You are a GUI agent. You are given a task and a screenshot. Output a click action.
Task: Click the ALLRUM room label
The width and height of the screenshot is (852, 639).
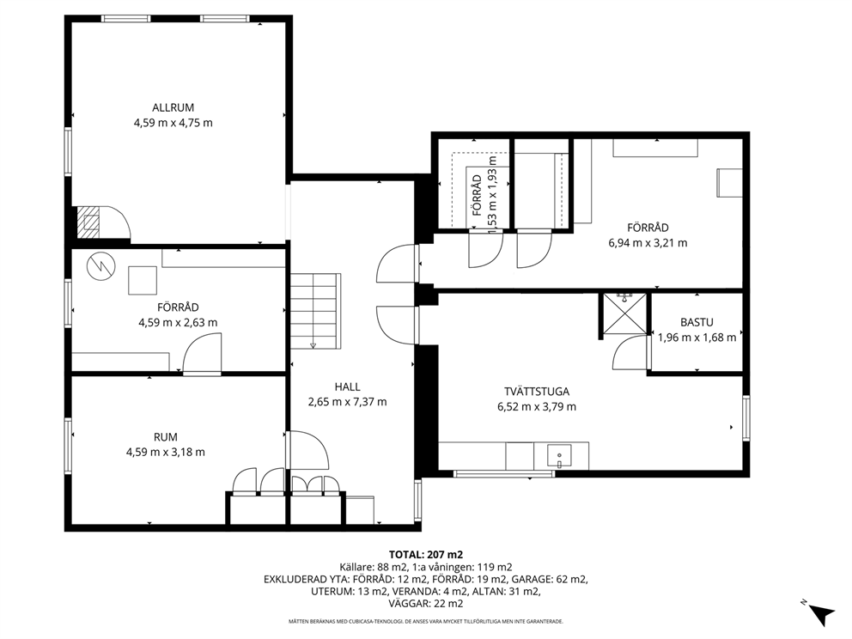pyautogui.click(x=173, y=107)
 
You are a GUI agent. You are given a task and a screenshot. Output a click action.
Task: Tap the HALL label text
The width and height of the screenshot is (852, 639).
pyautogui.click(x=347, y=386)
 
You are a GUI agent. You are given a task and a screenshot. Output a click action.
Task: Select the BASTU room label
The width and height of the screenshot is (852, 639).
pyautogui.click(x=697, y=322)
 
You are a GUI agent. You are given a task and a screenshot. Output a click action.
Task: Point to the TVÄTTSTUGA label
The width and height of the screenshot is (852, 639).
pyautogui.click(x=536, y=392)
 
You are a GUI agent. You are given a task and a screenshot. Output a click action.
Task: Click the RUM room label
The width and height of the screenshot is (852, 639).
pyautogui.click(x=165, y=437)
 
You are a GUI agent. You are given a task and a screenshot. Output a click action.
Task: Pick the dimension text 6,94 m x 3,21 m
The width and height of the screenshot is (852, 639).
pyautogui.click(x=648, y=243)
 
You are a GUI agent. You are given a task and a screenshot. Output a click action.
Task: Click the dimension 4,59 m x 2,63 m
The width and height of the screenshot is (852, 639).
pyautogui.click(x=178, y=322)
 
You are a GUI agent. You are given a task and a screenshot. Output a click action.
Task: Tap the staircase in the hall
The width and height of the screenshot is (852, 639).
pyautogui.click(x=315, y=312)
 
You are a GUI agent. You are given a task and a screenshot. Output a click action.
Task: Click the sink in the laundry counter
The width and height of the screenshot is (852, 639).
pyautogui.click(x=558, y=456)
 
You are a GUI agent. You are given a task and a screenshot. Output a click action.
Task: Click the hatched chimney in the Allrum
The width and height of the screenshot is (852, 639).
pyautogui.click(x=88, y=222)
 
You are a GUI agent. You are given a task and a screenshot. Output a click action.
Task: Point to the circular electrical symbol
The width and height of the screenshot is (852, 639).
pyautogui.click(x=101, y=267)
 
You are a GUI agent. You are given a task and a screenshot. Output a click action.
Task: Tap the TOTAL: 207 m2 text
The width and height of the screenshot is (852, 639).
pyautogui.click(x=426, y=555)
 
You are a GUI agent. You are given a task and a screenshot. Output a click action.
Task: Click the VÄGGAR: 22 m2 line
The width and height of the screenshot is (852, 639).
pyautogui.click(x=426, y=603)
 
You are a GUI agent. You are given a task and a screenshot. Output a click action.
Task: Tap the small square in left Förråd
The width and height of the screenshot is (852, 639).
pyautogui.click(x=143, y=280)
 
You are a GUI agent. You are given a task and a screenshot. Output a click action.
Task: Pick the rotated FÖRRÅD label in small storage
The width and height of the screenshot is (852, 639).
pyautogui.click(x=477, y=196)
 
